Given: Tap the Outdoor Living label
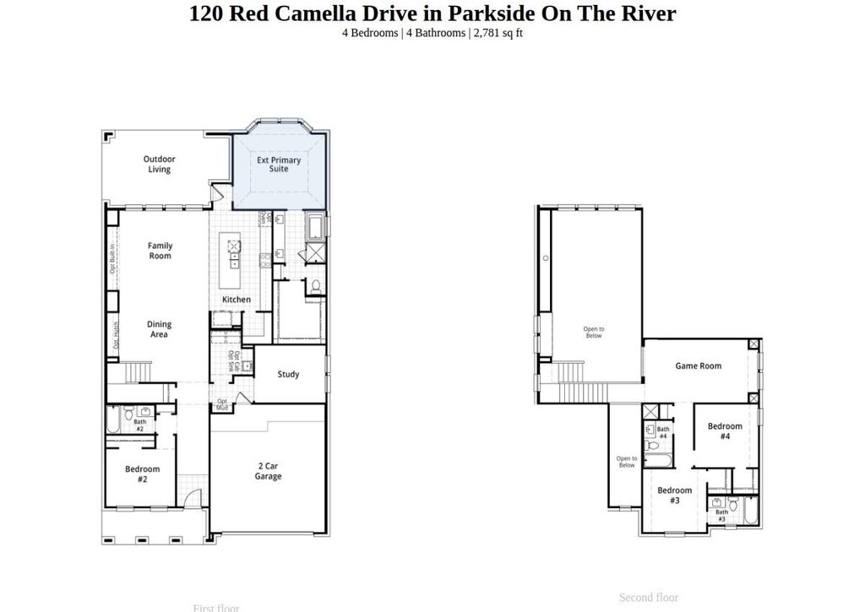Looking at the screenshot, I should click(x=159, y=164).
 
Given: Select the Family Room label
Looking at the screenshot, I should click(x=160, y=251).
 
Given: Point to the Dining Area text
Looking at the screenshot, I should click(x=159, y=329).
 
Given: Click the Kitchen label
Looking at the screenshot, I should click(x=237, y=300).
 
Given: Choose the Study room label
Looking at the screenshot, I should click(x=288, y=374).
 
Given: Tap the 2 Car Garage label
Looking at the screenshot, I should click(x=269, y=471).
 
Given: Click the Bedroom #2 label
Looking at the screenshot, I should click(x=142, y=474).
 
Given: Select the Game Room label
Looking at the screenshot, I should click(x=698, y=366).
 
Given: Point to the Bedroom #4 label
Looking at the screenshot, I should click(x=725, y=431).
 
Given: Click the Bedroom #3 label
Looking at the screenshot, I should click(x=674, y=496).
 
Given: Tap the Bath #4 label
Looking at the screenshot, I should click(x=663, y=433).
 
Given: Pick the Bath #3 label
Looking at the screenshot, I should click(x=721, y=515).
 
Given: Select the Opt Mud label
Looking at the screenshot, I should click(x=222, y=405).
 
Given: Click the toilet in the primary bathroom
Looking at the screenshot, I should click(x=314, y=285).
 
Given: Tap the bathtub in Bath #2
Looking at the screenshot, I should click(x=113, y=420).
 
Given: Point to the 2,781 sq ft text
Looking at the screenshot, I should click(x=498, y=33).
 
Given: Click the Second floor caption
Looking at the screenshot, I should click(x=648, y=598).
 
